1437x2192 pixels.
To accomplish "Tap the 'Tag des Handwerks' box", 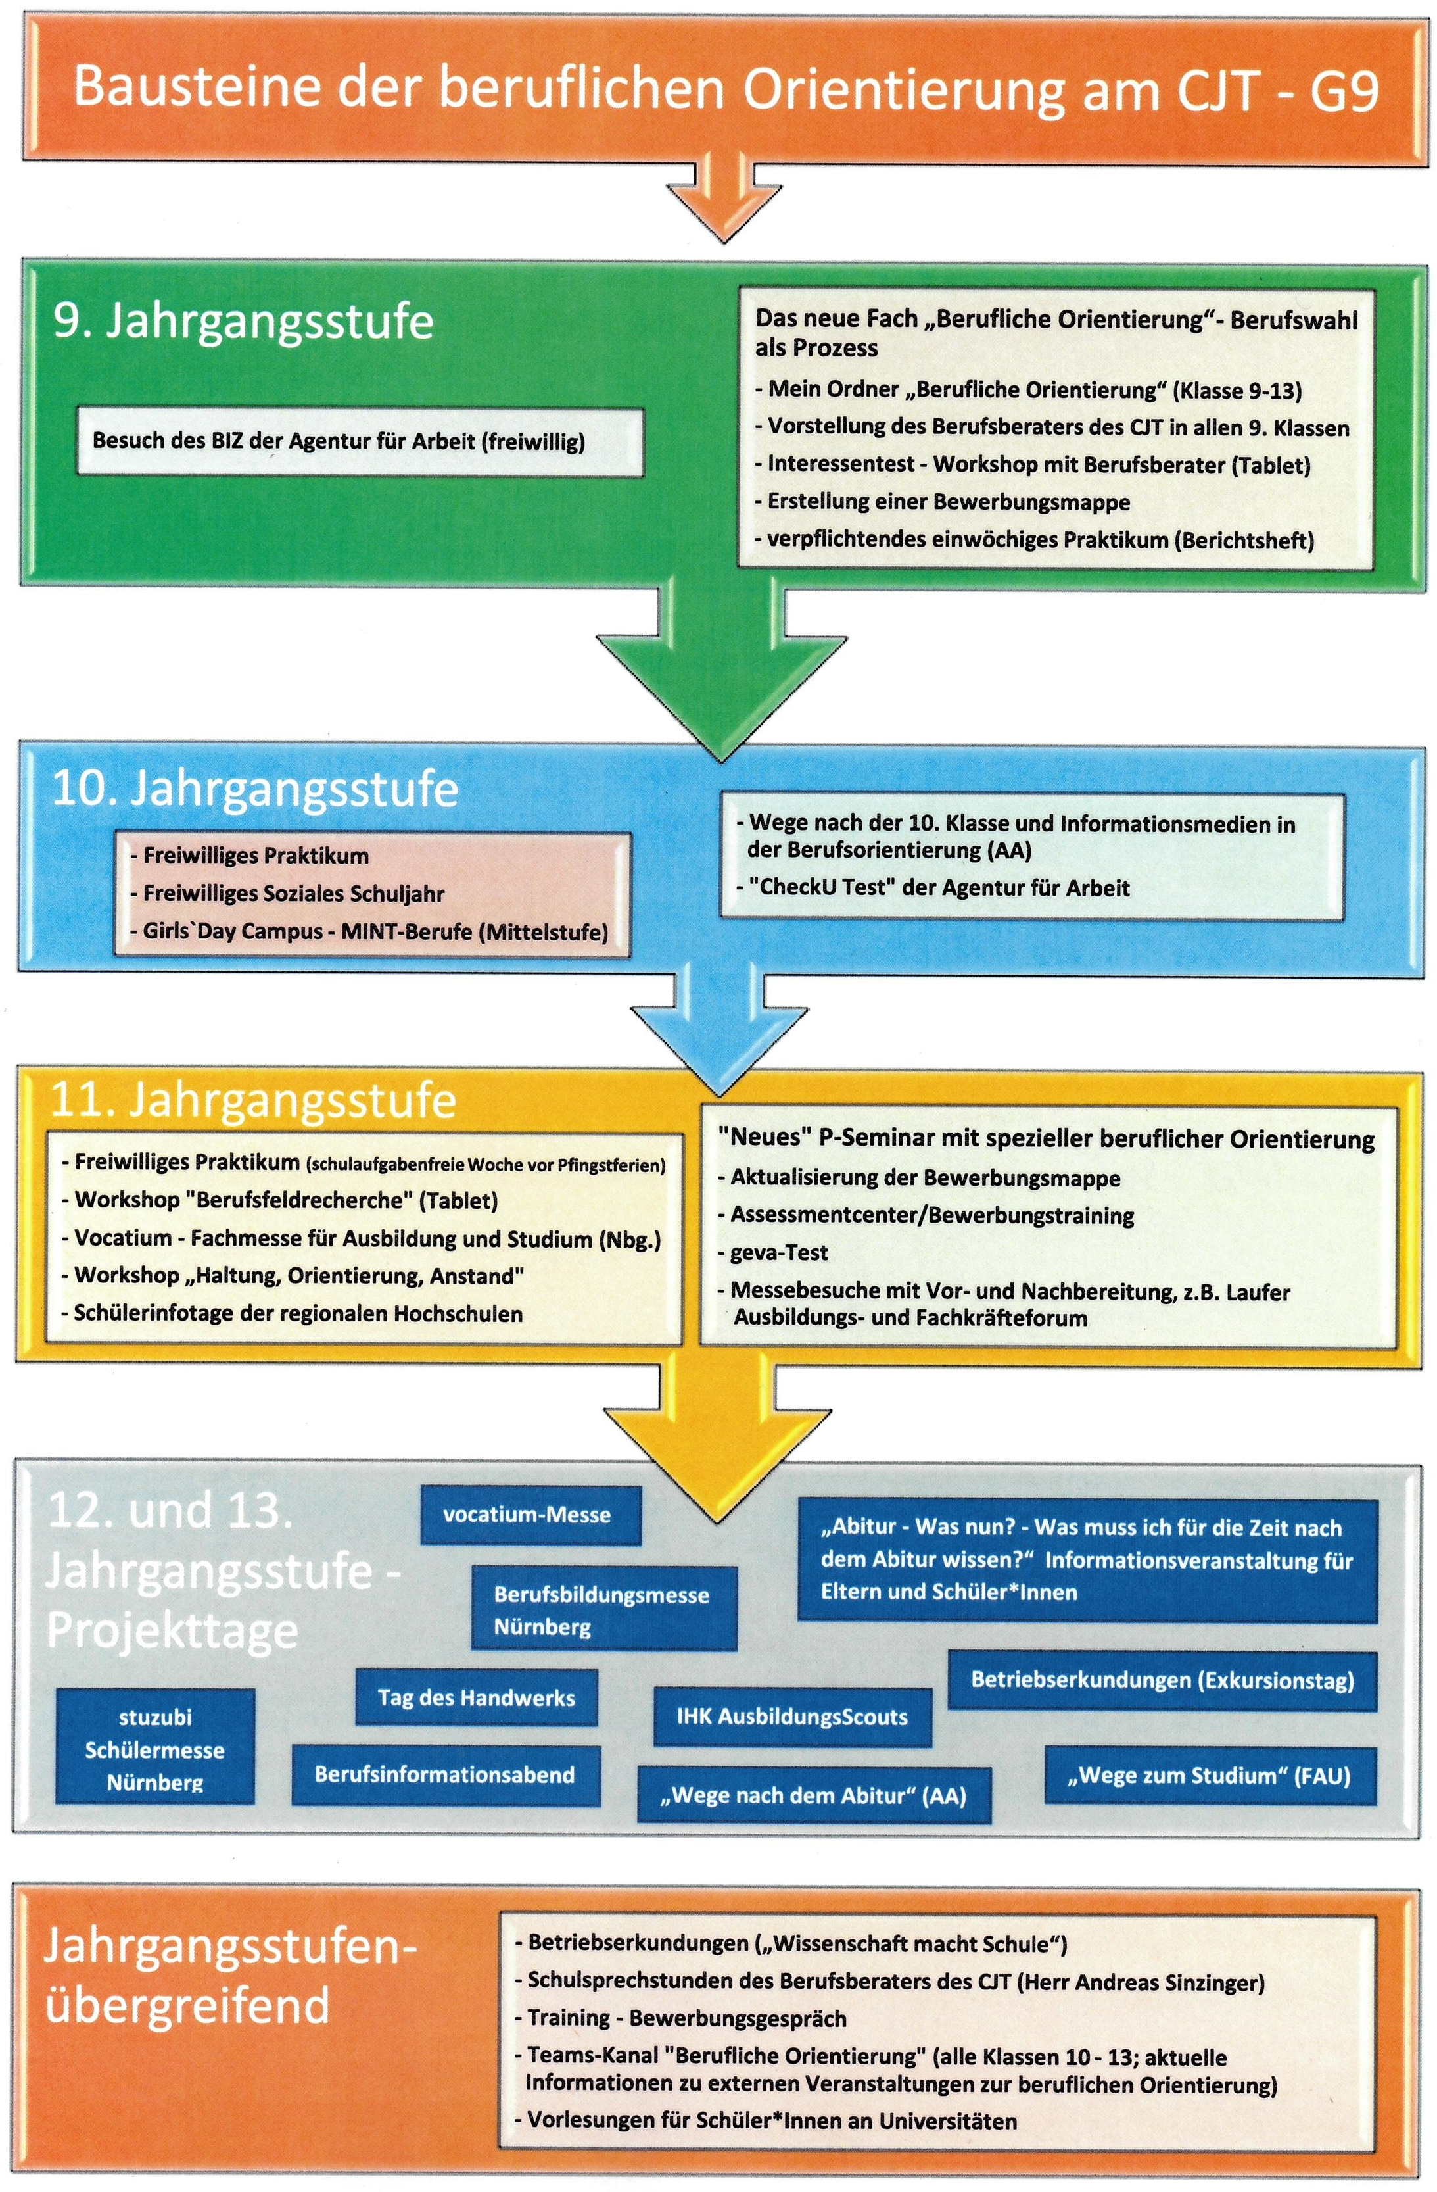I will tap(476, 1697).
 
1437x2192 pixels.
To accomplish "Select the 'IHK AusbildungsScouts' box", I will tap(791, 1716).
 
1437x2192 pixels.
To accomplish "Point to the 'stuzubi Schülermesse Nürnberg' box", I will tap(154, 1749).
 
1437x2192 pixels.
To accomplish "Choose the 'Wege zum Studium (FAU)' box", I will tap(1210, 1775).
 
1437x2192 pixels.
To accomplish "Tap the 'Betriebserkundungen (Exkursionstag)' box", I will tap(1162, 1680).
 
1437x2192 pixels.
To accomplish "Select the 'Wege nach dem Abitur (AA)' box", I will tap(813, 1794).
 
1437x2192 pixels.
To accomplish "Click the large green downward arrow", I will tap(721, 681).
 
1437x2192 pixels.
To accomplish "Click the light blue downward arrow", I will tap(719, 1017).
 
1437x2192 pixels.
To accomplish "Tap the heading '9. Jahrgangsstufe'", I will tap(243, 322).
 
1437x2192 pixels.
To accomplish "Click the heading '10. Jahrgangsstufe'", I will tap(255, 789).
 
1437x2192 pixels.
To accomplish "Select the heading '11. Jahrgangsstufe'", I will tap(253, 1100).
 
